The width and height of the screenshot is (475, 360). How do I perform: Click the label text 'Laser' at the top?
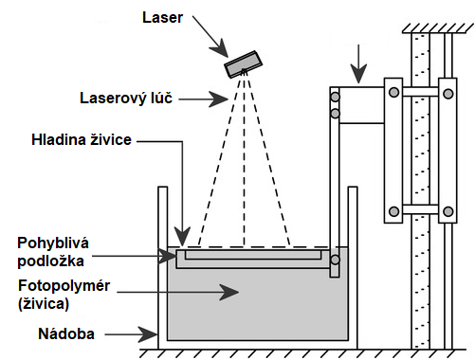coord(162,17)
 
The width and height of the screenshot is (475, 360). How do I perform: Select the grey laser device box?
coord(244,64)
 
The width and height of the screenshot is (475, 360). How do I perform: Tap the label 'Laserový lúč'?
coord(126,98)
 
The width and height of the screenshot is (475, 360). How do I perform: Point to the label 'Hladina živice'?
coord(82,139)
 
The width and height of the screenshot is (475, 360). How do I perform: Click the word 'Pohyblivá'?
coord(53,243)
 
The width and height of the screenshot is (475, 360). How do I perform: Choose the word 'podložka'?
coord(50,261)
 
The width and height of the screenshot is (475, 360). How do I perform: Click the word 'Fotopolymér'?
coord(64,285)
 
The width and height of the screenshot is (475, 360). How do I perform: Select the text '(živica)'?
coord(44,303)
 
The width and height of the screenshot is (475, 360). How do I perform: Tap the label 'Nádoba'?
coord(66,333)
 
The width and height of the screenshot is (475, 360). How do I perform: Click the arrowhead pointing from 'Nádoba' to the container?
coord(149,334)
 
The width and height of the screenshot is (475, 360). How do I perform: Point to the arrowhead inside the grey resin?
coord(229,292)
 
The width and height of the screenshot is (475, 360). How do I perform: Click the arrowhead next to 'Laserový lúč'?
coord(219,99)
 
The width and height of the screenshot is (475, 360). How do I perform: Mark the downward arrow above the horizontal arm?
coord(358,64)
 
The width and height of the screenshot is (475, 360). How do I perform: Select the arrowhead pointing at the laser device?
coord(220,47)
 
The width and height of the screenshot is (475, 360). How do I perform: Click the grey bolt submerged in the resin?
coord(335,260)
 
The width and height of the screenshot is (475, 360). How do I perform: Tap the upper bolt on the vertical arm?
coord(335,97)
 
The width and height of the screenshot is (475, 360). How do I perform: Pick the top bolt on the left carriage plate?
coord(393,92)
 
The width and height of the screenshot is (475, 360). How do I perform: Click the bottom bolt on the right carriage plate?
coord(448,211)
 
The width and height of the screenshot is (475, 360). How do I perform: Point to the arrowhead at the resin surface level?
coord(182,235)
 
